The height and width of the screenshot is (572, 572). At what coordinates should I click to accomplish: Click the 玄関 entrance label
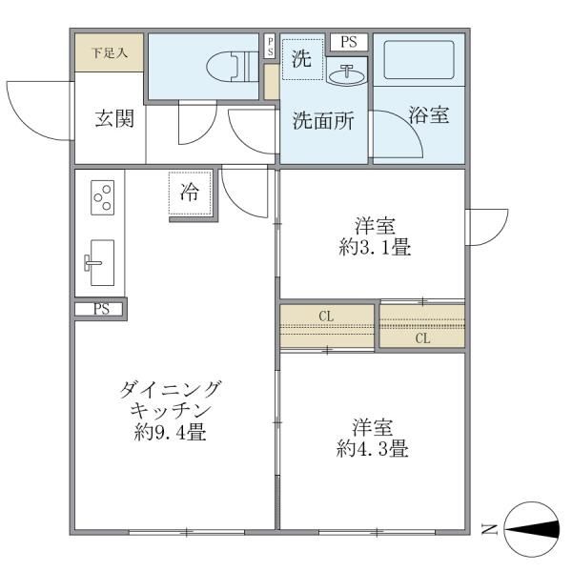(x=113, y=119)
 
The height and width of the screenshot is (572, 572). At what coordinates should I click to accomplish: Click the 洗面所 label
(x=322, y=121)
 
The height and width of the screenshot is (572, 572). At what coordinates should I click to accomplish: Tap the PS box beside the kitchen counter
(x=101, y=309)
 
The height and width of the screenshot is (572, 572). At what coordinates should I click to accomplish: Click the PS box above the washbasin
(x=348, y=41)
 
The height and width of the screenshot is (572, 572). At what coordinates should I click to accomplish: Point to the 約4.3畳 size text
(x=372, y=448)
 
